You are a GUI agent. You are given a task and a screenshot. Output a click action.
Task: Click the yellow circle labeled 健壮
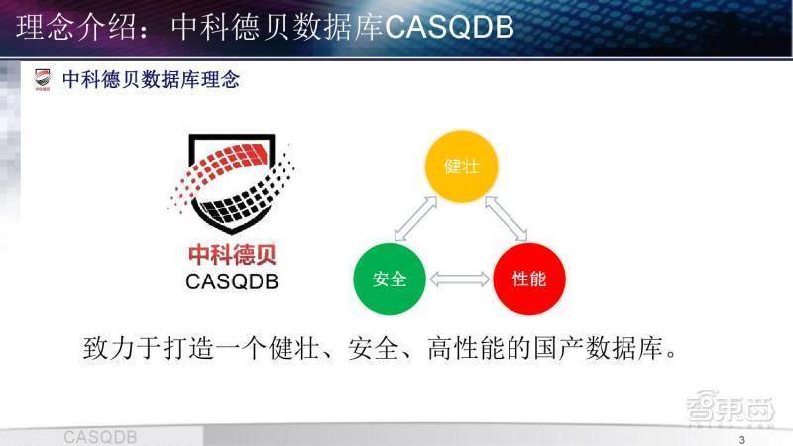click(x=461, y=166)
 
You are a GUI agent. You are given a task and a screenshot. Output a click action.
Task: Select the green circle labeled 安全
click(x=390, y=279)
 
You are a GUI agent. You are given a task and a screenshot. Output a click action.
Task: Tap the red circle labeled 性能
click(x=529, y=279)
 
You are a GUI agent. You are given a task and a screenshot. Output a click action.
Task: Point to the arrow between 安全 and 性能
click(x=459, y=279)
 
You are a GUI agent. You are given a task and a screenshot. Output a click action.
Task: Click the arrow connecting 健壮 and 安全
click(x=415, y=218)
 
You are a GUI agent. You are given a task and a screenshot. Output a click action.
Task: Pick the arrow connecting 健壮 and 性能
click(x=506, y=218)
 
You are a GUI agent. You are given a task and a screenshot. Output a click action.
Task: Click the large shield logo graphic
click(x=231, y=183)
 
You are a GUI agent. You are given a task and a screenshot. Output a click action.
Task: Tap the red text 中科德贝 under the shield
click(x=232, y=255)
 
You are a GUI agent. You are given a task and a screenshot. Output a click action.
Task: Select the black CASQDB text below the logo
click(x=232, y=282)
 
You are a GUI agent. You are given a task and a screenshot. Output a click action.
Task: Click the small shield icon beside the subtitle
click(x=43, y=80)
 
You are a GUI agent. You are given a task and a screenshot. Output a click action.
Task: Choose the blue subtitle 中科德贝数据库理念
click(x=151, y=80)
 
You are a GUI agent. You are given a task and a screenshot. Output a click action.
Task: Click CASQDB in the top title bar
click(x=449, y=27)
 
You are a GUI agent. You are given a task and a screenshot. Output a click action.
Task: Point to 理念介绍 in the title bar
click(x=76, y=27)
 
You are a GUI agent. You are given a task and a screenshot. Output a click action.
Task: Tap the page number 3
click(x=741, y=439)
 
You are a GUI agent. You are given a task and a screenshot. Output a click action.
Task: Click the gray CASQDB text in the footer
click(x=100, y=437)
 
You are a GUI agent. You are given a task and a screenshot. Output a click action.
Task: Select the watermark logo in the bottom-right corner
click(x=731, y=408)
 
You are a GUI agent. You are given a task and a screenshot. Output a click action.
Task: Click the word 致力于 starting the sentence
click(x=122, y=348)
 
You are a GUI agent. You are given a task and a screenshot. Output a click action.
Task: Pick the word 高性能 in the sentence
click(x=467, y=348)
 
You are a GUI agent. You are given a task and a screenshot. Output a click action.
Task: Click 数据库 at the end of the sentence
click(x=623, y=348)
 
